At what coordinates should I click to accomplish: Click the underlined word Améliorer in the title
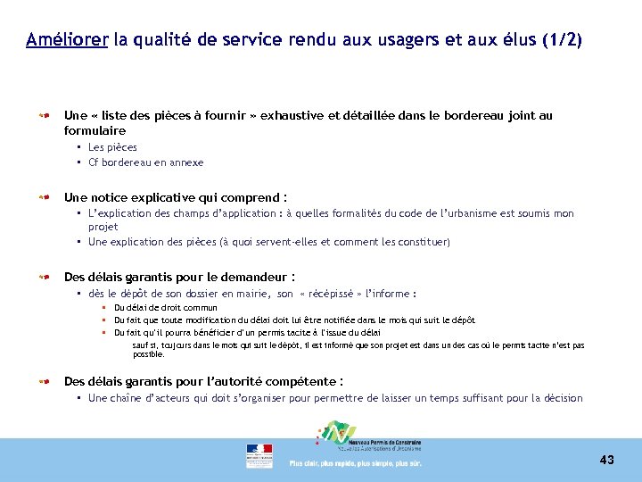click(x=67, y=40)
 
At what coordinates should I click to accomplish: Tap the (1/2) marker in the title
click(x=562, y=40)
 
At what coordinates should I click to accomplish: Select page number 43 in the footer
click(x=606, y=460)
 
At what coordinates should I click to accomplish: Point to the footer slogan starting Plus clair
click(x=355, y=463)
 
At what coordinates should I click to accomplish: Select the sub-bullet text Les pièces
click(x=112, y=147)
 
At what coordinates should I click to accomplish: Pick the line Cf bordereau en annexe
click(x=145, y=162)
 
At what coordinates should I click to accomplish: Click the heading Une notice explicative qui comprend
click(x=176, y=197)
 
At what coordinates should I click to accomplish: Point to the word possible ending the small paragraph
click(x=148, y=354)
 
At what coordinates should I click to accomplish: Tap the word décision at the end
click(x=564, y=398)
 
